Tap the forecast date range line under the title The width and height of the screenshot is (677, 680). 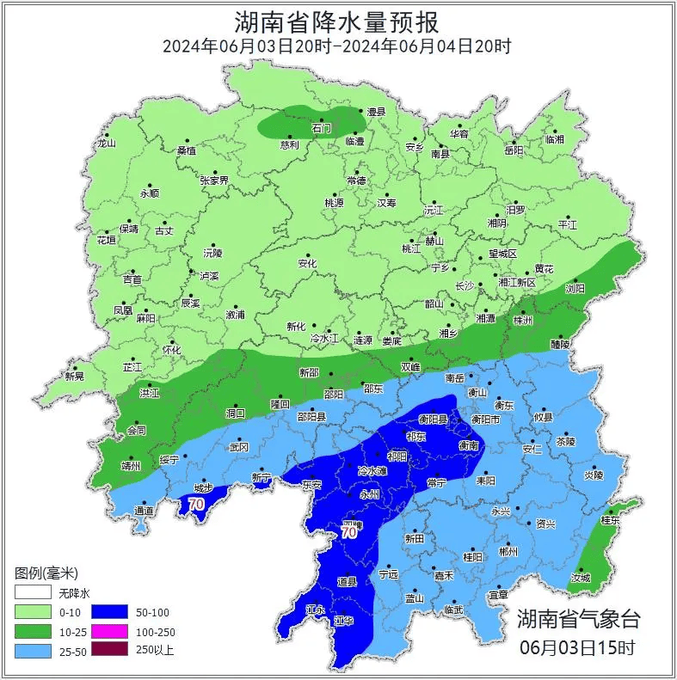point(337,46)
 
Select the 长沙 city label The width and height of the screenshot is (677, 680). point(465,285)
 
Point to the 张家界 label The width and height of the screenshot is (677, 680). point(214,181)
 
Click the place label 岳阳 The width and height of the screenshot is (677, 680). point(514,150)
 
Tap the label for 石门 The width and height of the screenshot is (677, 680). point(321,128)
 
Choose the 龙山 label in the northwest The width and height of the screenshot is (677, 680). point(106,144)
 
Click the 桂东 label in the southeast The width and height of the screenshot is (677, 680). point(610,520)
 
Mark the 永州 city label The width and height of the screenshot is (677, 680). point(369,494)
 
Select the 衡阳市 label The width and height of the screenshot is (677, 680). point(486,419)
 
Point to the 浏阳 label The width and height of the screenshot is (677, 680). point(575,288)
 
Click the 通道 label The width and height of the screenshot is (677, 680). point(144,511)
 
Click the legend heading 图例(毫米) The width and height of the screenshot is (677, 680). point(47,573)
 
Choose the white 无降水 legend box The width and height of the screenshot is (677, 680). point(34,593)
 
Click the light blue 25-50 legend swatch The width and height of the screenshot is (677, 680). point(34,650)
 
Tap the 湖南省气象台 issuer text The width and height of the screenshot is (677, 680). point(578,617)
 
